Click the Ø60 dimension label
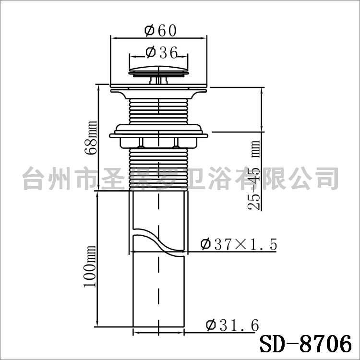click(160, 31)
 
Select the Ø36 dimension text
click(162, 52)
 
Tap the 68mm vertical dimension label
click(91, 138)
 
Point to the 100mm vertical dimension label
click(90, 266)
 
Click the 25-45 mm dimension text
click(254, 175)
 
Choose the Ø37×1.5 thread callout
click(239, 244)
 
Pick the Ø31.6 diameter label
click(233, 325)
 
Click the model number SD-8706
click(306, 344)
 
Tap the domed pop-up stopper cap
click(159, 70)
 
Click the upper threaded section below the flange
click(159, 111)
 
